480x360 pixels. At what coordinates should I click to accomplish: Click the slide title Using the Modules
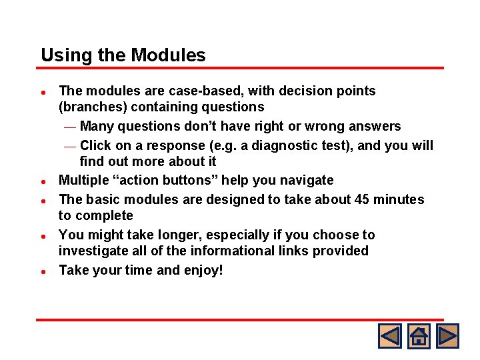[123, 55]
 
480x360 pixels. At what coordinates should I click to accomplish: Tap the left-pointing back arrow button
[389, 335]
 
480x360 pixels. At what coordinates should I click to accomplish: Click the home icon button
[419, 335]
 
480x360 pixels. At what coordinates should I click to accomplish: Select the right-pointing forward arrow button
[447, 335]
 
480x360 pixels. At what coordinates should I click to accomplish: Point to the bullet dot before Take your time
[43, 271]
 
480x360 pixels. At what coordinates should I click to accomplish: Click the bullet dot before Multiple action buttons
[43, 181]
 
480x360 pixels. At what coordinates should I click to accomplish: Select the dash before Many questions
[70, 127]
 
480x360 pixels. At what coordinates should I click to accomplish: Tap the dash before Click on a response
[70, 146]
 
